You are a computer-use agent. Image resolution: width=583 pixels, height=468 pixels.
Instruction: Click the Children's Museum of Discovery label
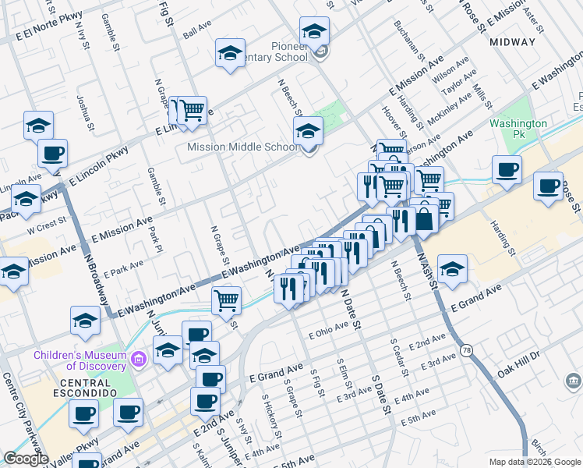tap(79, 360)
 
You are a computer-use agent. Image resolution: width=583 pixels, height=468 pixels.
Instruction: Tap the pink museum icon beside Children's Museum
tap(139, 360)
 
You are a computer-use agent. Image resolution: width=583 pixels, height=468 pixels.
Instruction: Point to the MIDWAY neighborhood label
tap(518, 43)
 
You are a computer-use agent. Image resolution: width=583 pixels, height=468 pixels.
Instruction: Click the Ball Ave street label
tap(197, 31)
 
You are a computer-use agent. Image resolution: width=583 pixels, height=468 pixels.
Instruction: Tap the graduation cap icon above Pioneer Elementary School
tap(314, 31)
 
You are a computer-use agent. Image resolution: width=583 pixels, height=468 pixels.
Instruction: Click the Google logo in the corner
tap(26, 459)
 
